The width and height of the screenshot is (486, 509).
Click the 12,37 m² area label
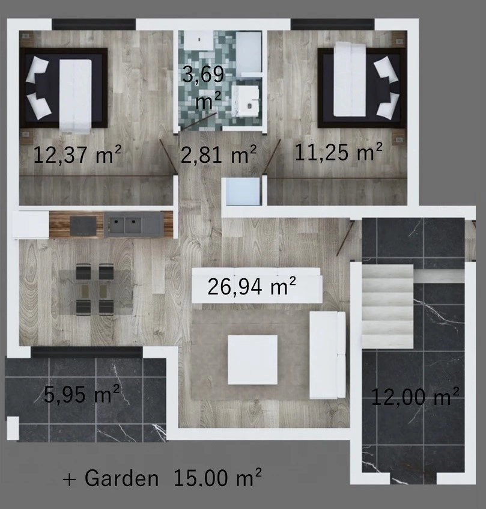click(x=77, y=154)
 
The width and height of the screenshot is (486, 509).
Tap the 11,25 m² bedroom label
click(x=338, y=151)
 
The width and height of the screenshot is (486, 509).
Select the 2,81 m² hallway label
click(x=219, y=154)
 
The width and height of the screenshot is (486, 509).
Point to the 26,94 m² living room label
click(x=252, y=286)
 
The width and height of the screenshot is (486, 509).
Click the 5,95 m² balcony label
click(x=82, y=394)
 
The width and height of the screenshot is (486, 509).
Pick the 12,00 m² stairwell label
click(x=415, y=397)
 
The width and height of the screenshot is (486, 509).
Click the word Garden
click(x=121, y=478)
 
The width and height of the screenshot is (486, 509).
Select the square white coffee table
click(x=252, y=360)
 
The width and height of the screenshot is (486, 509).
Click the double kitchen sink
click(x=133, y=224)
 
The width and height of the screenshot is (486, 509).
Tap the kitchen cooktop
click(x=84, y=225)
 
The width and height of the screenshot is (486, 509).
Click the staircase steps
click(x=387, y=306)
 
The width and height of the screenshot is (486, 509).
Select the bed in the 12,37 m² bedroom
click(x=64, y=88)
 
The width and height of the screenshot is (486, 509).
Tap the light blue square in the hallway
click(x=243, y=192)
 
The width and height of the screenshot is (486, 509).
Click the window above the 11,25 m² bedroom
click(x=332, y=25)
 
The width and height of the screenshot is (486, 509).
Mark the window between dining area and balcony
click(x=87, y=352)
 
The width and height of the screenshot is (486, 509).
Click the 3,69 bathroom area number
click(x=203, y=74)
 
